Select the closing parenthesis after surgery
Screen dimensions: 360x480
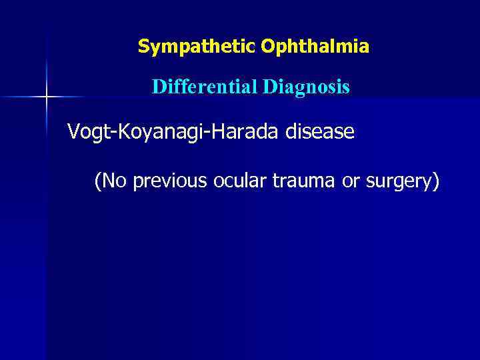[x=435, y=181]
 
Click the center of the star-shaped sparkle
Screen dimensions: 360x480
[x=47, y=97]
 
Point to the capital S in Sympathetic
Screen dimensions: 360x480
[x=143, y=47]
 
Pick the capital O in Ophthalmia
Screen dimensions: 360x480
[x=268, y=47]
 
